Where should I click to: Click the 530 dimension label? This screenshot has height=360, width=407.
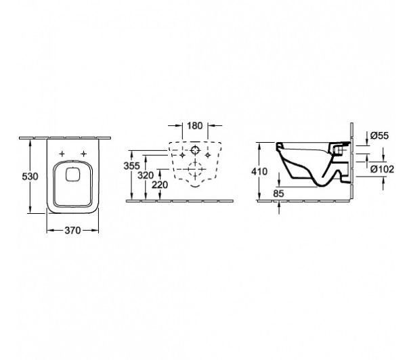30,177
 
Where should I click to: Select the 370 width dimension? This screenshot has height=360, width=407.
72,230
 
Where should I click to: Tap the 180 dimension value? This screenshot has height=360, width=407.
194,126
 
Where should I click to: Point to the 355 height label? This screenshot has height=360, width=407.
131,166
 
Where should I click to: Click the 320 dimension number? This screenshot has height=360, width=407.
146,175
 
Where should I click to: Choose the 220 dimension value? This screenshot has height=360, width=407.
160,185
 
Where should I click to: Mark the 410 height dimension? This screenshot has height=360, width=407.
259,171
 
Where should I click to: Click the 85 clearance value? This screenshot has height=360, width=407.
278,194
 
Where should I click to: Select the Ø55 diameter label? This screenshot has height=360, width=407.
379,135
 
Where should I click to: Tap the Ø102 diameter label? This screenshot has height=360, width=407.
382,169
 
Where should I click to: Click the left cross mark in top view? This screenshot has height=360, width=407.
62,154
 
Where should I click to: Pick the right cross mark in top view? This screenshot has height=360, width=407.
83,154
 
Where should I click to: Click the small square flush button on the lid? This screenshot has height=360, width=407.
73,174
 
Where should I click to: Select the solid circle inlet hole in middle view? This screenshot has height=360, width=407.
194,150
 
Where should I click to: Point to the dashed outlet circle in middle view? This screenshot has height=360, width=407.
194,169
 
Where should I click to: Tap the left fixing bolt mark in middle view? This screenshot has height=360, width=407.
182,155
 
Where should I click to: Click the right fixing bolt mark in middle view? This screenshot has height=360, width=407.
208,155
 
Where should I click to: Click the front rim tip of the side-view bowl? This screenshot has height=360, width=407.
277,144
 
